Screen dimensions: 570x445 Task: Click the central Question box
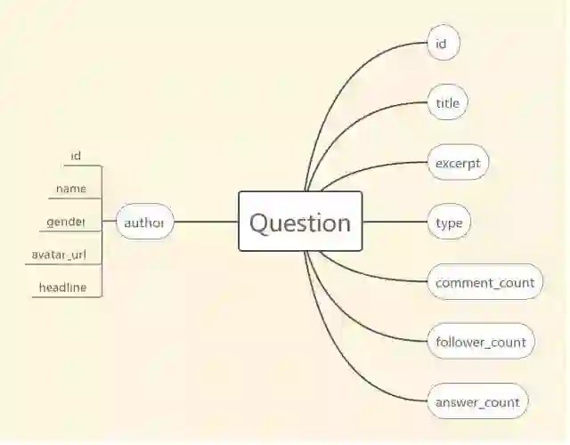[x=300, y=222]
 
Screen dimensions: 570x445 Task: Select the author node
[x=144, y=222]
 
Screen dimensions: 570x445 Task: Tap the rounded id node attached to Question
[x=443, y=44]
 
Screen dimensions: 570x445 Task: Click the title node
[x=447, y=103]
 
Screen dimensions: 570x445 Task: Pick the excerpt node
[x=458, y=163]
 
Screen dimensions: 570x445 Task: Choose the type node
[x=449, y=222]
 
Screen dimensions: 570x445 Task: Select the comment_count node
[x=484, y=282]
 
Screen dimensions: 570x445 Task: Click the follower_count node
[x=481, y=342]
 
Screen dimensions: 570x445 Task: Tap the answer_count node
[x=477, y=401]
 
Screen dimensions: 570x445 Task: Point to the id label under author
[x=76, y=156]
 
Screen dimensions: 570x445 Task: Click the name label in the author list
[x=71, y=188]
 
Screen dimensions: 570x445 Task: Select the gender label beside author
[x=67, y=221]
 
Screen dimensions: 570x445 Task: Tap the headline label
[x=62, y=287]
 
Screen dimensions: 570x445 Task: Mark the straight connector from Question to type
[x=395, y=222]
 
